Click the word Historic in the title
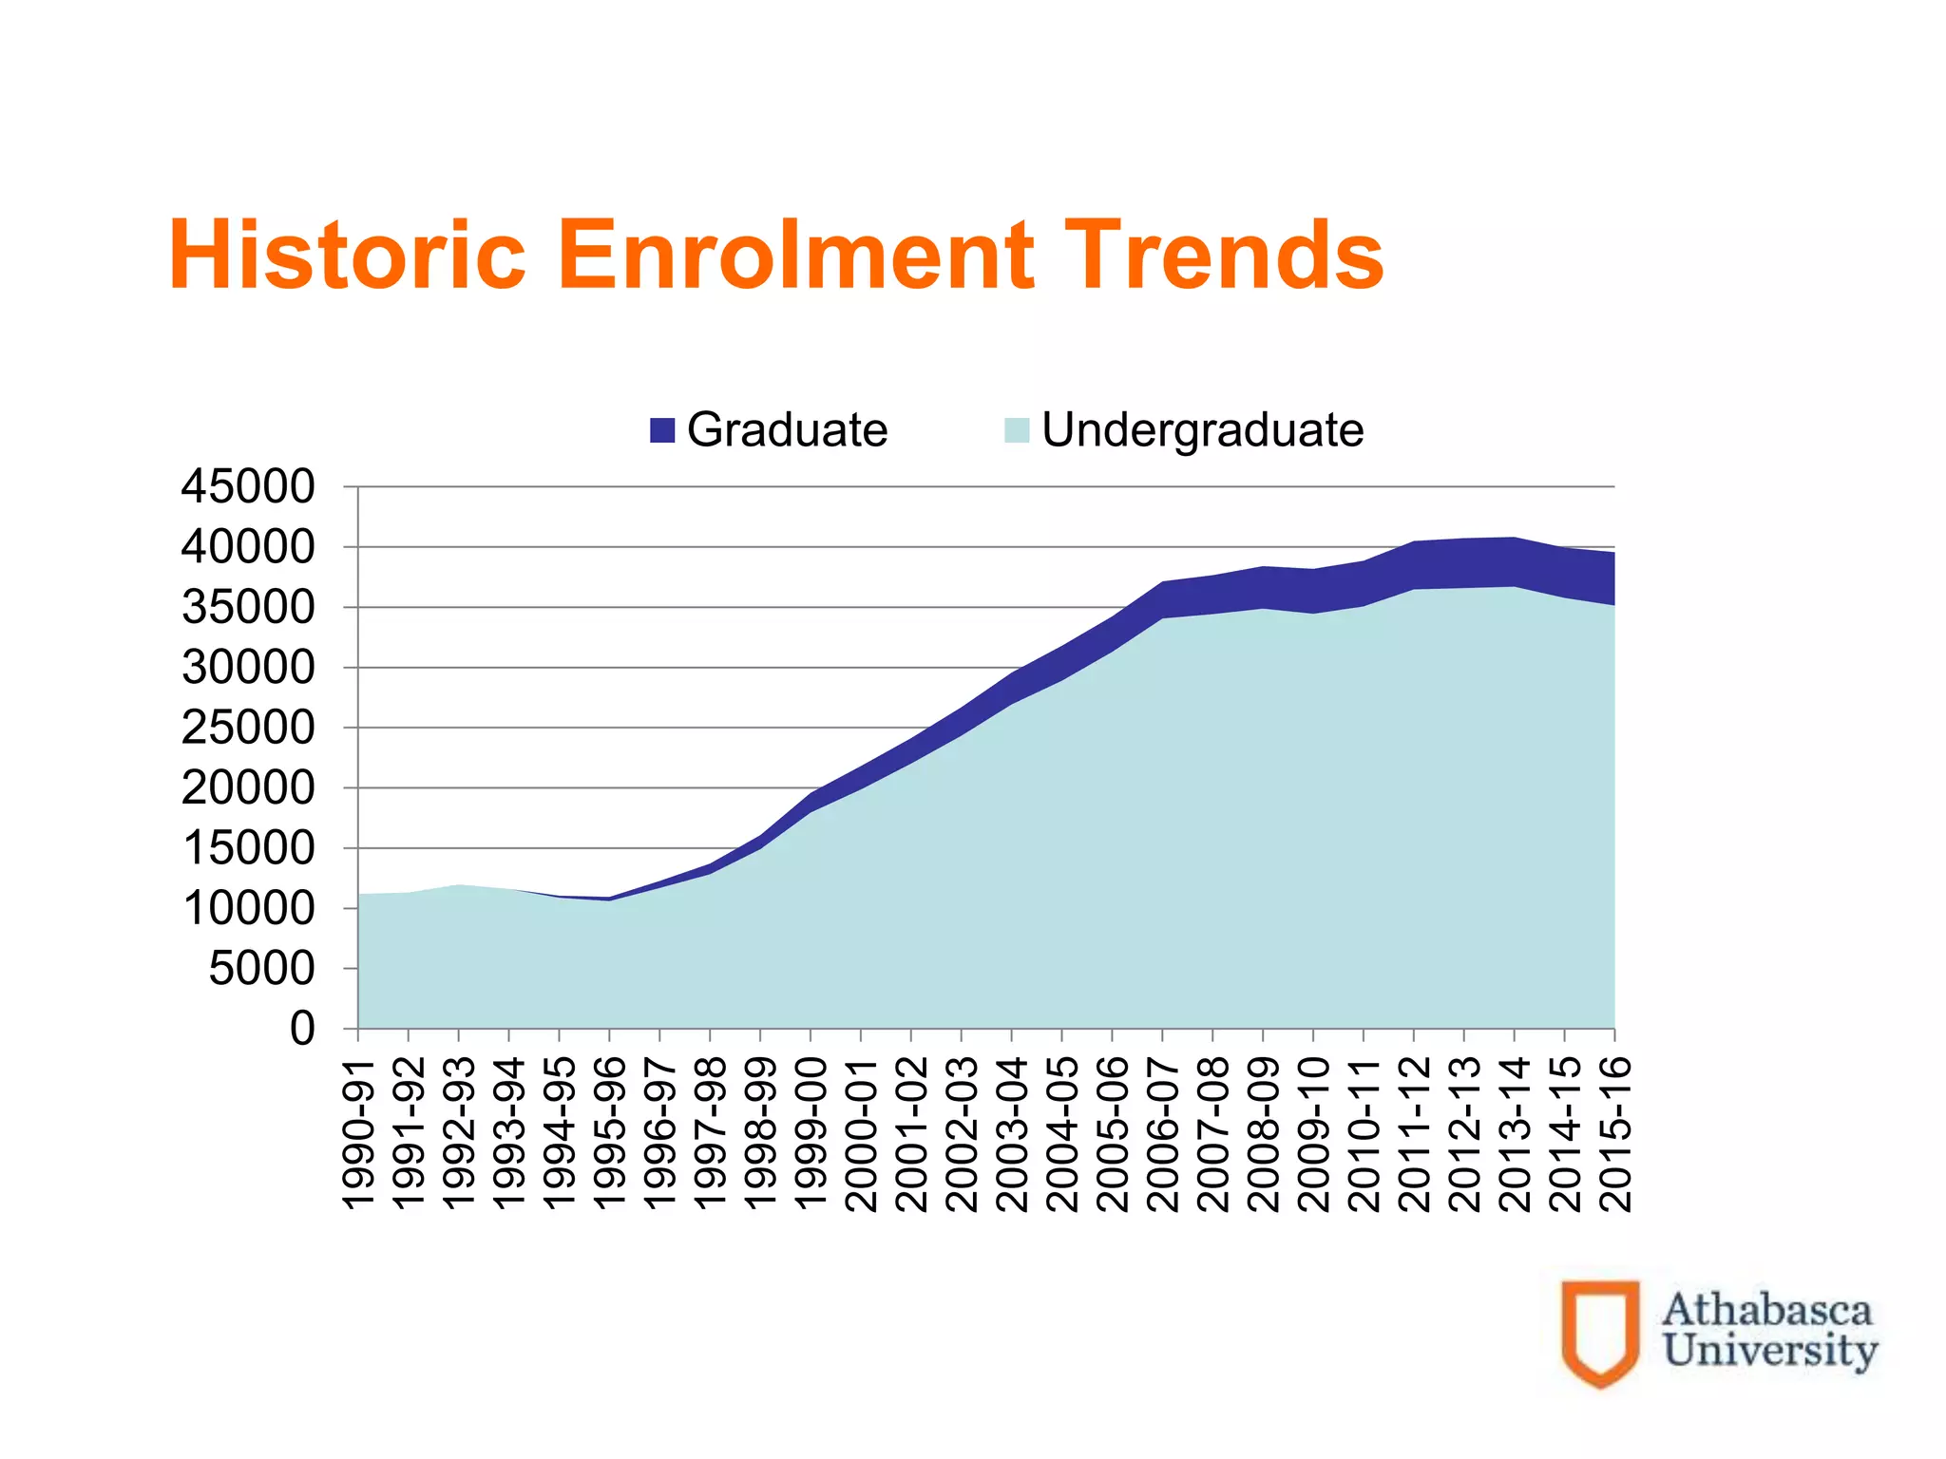pyautogui.click(x=347, y=255)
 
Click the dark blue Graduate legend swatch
pyautogui.click(x=662, y=430)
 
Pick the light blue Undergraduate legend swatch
pyautogui.click(x=1017, y=430)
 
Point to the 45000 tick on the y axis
pyautogui.click(x=248, y=487)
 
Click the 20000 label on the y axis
pyautogui.click(x=248, y=788)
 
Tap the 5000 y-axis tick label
pyautogui.click(x=261, y=969)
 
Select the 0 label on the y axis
pyautogui.click(x=302, y=1029)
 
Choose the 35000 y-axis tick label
pyautogui.click(x=248, y=608)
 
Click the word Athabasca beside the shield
pyautogui.click(x=1767, y=1311)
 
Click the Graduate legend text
pyautogui.click(x=787, y=430)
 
